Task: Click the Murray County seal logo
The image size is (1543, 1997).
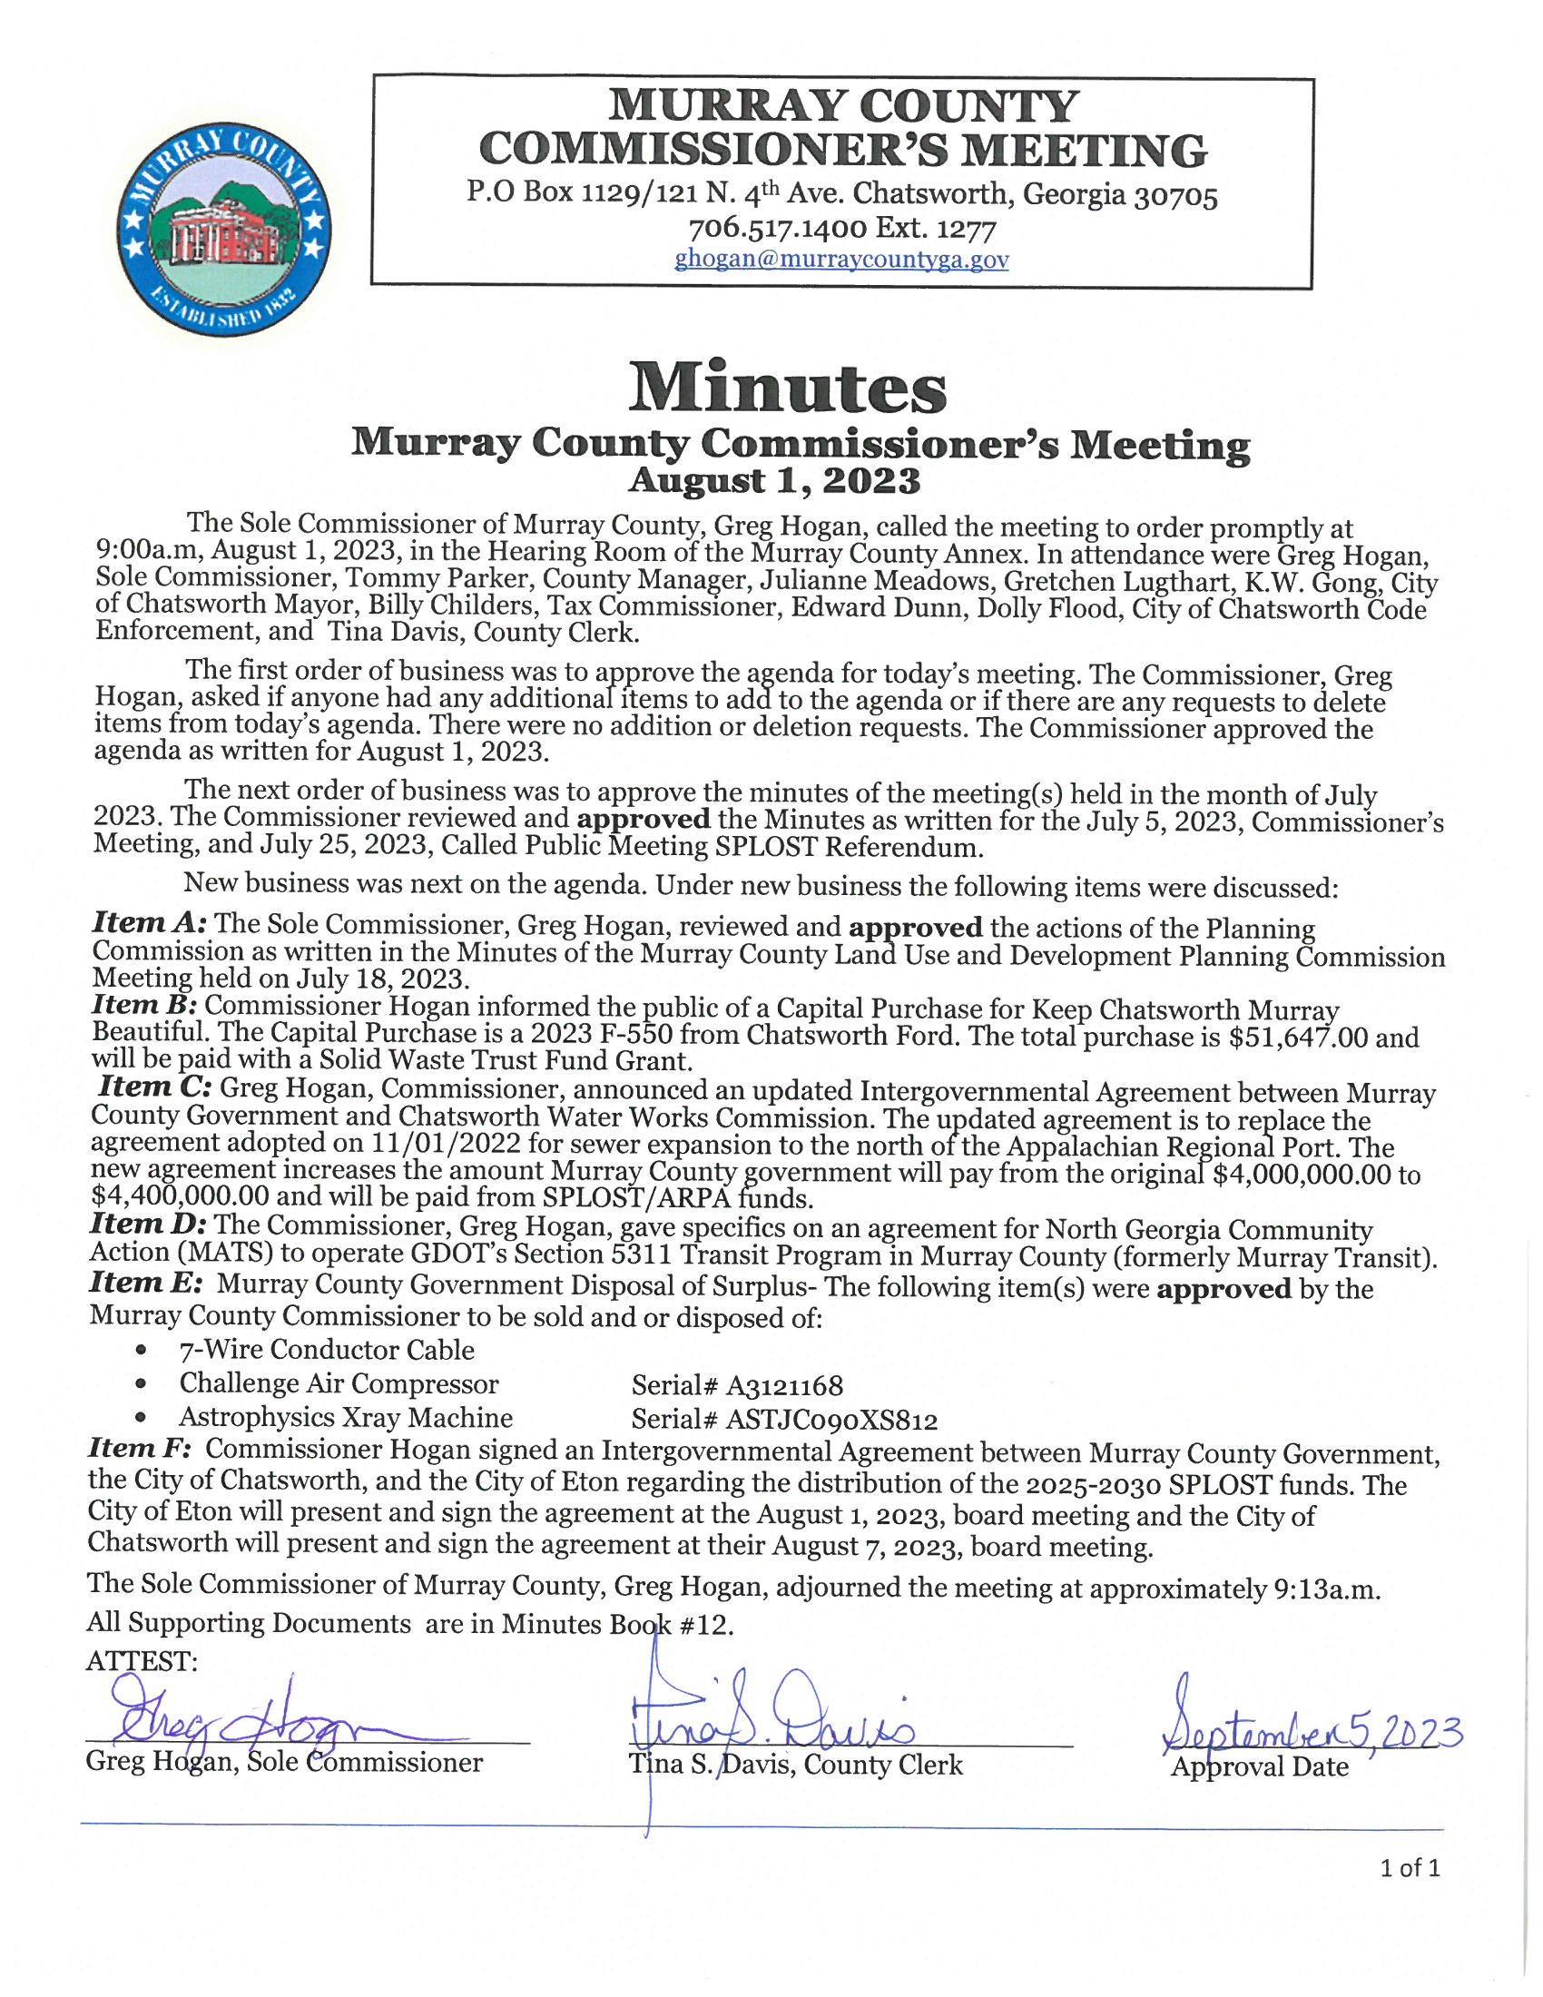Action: pyautogui.click(x=223, y=231)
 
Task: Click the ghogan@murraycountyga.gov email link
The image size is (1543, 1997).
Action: pyautogui.click(x=841, y=260)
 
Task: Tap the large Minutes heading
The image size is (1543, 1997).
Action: pyautogui.click(x=786, y=388)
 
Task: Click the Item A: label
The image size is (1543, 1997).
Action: pyautogui.click(x=150, y=923)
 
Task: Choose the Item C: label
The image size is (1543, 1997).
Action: pyautogui.click(x=155, y=1087)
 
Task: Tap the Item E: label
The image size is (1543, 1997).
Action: pyautogui.click(x=144, y=1283)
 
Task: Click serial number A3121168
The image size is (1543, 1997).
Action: pyautogui.click(x=784, y=1386)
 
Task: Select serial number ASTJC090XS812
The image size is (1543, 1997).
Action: pyautogui.click(x=831, y=1420)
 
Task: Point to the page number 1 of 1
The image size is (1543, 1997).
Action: pyautogui.click(x=1410, y=1867)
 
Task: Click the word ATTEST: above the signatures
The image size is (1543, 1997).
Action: pyautogui.click(x=142, y=1660)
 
